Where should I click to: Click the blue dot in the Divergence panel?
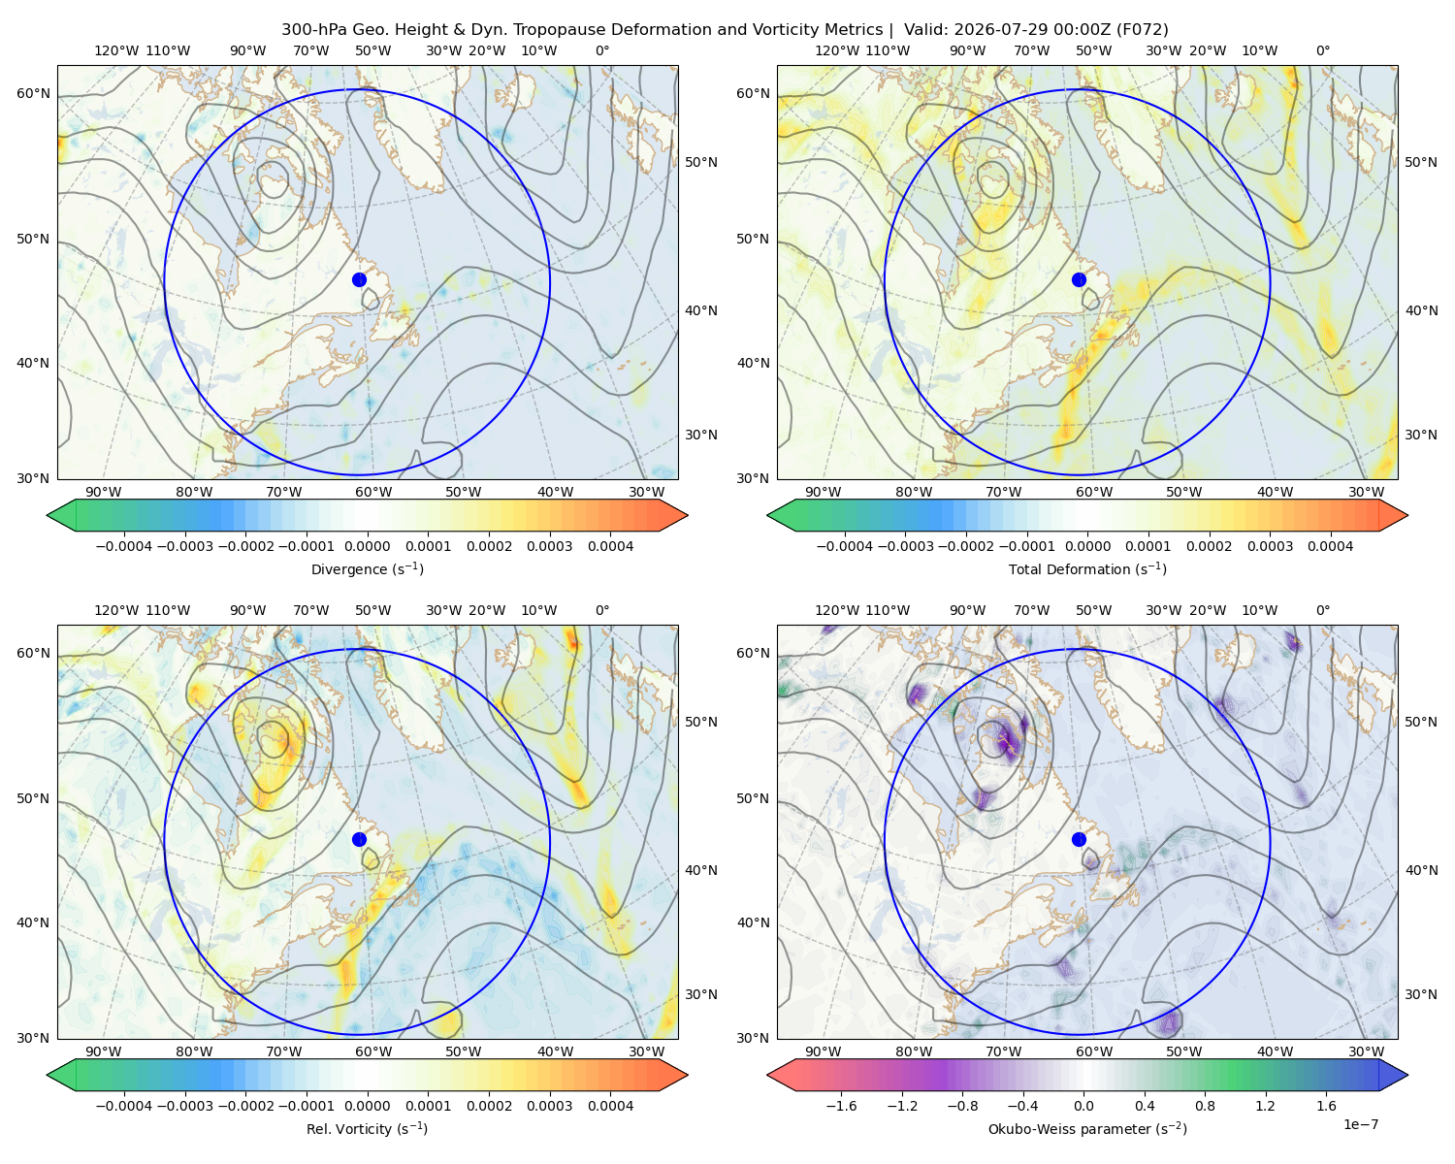click(359, 279)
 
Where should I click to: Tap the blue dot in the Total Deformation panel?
click(1079, 279)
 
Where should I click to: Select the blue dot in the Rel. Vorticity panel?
click(359, 839)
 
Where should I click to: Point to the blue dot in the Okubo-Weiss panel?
click(1079, 839)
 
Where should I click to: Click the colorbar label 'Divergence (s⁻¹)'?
click(367, 568)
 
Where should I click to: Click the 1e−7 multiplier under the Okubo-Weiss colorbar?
click(1360, 1124)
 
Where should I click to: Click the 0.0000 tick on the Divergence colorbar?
click(367, 546)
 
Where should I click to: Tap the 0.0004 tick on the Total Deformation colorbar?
click(1330, 546)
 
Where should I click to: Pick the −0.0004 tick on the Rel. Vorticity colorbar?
click(124, 1105)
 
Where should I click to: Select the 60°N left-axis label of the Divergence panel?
click(33, 93)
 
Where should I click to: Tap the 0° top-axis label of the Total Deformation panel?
click(1322, 50)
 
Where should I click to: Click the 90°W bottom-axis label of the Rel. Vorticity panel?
click(104, 1051)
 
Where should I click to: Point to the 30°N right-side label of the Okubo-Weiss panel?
click(1420, 993)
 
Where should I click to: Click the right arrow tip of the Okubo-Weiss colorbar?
click(1407, 1075)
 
